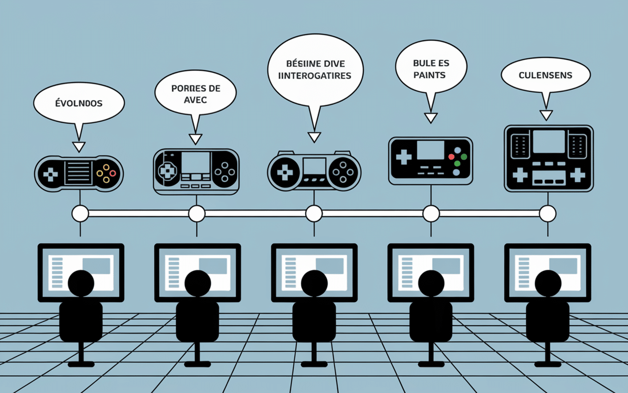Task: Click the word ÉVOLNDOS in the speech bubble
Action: tap(78, 104)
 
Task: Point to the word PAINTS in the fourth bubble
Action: tap(429, 75)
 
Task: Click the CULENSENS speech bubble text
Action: tap(546, 75)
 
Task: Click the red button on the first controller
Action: tap(113, 173)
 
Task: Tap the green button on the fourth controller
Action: tap(457, 163)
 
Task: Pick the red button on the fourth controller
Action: tap(451, 157)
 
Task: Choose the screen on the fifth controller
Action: tap(549, 141)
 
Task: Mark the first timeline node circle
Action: tap(80, 214)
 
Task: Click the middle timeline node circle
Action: tap(314, 214)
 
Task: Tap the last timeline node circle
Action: tap(548, 214)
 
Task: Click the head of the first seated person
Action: tap(81, 283)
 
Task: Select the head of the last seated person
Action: tap(548, 283)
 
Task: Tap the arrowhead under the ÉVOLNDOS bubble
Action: tap(78, 146)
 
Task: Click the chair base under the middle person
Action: tap(314, 364)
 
